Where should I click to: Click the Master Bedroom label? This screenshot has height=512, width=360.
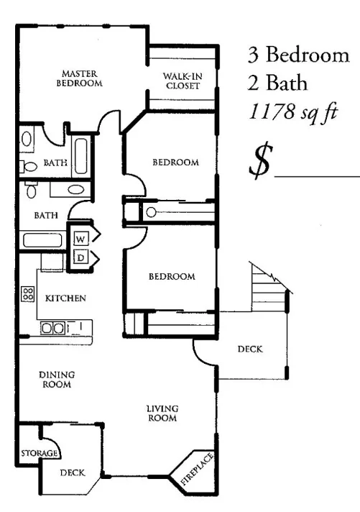[79, 78]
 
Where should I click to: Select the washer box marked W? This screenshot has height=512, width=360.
[80, 237]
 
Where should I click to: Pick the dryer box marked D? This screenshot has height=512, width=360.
[80, 257]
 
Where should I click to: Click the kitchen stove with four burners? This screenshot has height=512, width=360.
[28, 293]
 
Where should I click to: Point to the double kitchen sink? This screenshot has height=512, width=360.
[52, 327]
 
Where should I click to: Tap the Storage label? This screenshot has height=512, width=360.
[36, 454]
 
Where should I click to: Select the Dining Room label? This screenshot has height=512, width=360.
[56, 379]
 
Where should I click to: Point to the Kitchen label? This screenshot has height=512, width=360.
[66, 298]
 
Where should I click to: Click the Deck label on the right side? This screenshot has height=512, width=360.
[249, 350]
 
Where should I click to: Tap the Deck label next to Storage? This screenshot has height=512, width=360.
[72, 472]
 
